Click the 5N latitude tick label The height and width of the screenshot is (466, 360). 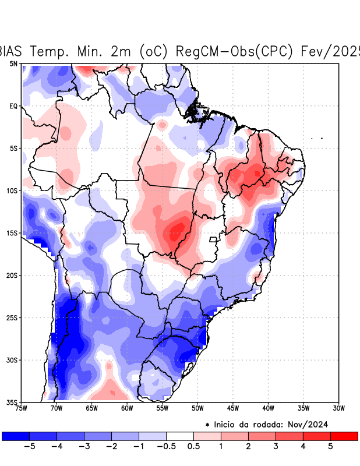click(13, 63)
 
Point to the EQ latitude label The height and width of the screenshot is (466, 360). click(13, 106)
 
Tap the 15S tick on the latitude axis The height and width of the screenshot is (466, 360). click(12, 233)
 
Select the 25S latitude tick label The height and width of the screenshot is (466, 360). click(12, 317)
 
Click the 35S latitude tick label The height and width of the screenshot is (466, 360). click(12, 402)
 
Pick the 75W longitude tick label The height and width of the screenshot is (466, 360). click(22, 408)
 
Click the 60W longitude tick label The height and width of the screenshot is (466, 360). click(127, 408)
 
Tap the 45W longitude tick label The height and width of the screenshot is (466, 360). click(232, 408)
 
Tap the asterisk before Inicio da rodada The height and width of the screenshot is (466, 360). click(208, 425)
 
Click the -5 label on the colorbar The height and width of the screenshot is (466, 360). click(29, 447)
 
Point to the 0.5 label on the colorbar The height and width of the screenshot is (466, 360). click(193, 447)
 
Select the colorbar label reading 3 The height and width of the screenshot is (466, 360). click(276, 447)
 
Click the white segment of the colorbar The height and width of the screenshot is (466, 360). click(180, 436)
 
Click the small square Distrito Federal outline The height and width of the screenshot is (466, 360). click(213, 239)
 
